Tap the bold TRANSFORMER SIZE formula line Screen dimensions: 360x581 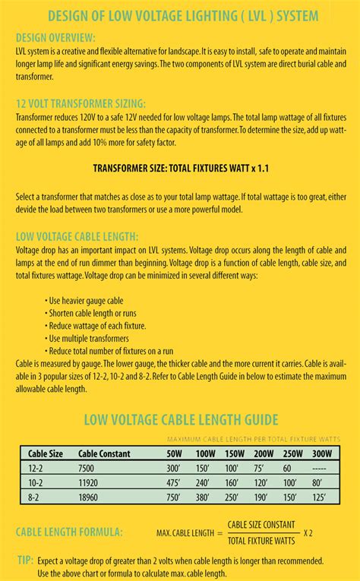179,166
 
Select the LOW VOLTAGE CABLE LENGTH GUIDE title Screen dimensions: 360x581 179,418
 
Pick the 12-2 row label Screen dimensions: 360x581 36,469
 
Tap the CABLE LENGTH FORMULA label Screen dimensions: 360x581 69,534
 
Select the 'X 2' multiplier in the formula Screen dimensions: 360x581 308,533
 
